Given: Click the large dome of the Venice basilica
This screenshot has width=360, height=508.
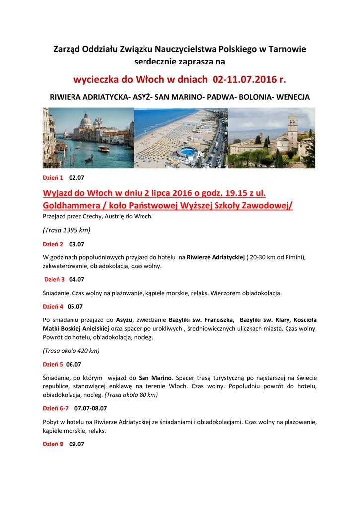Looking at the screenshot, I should [86, 120].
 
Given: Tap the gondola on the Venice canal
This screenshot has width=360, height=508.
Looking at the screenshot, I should [89, 159].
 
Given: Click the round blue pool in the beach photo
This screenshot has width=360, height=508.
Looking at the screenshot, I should [187, 151].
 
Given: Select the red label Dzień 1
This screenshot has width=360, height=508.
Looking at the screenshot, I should [53, 177].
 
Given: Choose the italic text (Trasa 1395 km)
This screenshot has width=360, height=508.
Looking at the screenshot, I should [67, 230].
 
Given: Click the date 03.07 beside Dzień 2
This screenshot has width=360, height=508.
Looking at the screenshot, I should [76, 244].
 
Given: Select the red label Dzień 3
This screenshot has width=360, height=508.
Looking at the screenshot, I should [55, 279].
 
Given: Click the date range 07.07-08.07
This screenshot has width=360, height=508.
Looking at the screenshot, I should [91, 408].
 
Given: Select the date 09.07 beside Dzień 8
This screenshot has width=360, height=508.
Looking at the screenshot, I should [76, 444].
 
